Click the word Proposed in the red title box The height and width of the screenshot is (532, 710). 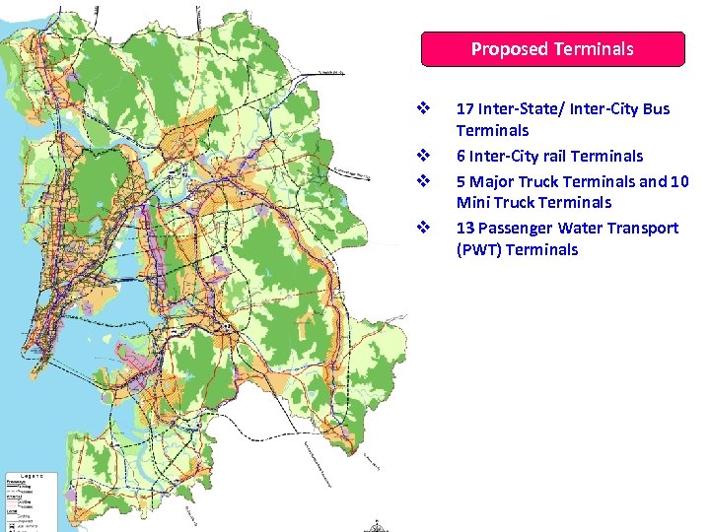pos(510,48)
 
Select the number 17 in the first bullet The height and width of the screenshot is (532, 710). pos(464,108)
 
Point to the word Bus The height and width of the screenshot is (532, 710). pos(655,108)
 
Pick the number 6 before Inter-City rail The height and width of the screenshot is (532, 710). pos(461,156)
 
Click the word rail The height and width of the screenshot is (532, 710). pos(557,156)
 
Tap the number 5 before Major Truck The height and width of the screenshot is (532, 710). pos(461,181)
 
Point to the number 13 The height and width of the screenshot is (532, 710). pos(464,228)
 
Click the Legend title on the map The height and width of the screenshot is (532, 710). pos(28,474)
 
